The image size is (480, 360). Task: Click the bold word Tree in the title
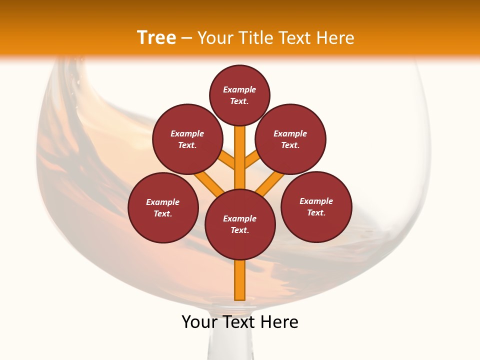pyautogui.click(x=156, y=38)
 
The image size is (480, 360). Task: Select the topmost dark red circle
pyautogui.click(x=239, y=95)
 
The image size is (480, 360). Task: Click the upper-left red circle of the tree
pyautogui.click(x=187, y=139)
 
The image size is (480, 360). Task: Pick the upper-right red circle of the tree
pyautogui.click(x=290, y=139)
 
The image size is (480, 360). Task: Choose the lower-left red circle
pyautogui.click(x=163, y=207)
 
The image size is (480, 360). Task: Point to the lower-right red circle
pyautogui.click(x=316, y=206)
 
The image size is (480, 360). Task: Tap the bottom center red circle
pyautogui.click(x=240, y=224)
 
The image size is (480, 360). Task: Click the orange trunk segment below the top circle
pyautogui.click(x=240, y=150)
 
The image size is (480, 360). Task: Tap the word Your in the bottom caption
pyautogui.click(x=199, y=322)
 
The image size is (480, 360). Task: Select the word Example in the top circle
pyautogui.click(x=239, y=89)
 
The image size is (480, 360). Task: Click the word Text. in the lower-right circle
pyautogui.click(x=316, y=212)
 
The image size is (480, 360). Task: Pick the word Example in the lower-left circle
pyautogui.click(x=163, y=202)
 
